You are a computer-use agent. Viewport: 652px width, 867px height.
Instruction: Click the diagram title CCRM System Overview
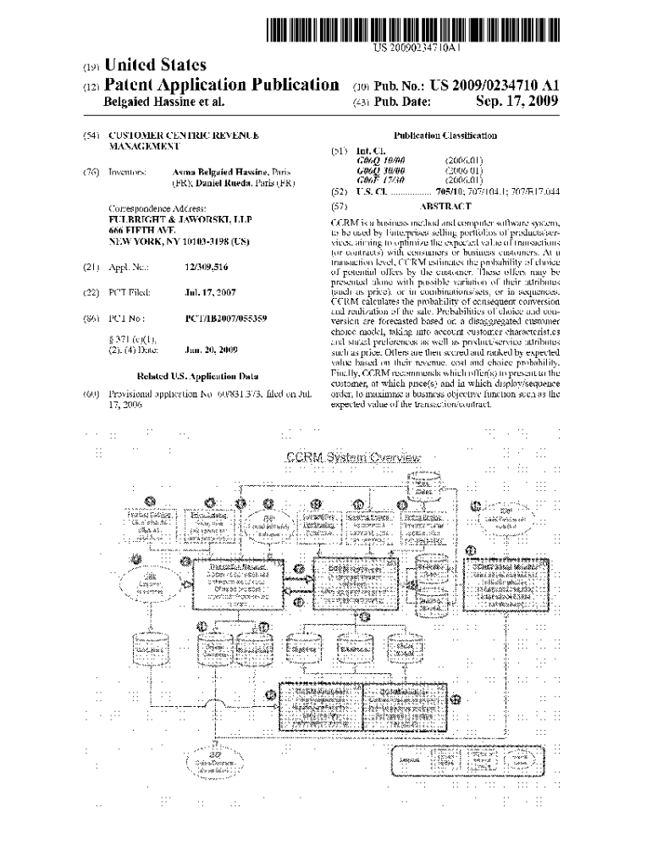pyautogui.click(x=353, y=458)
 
